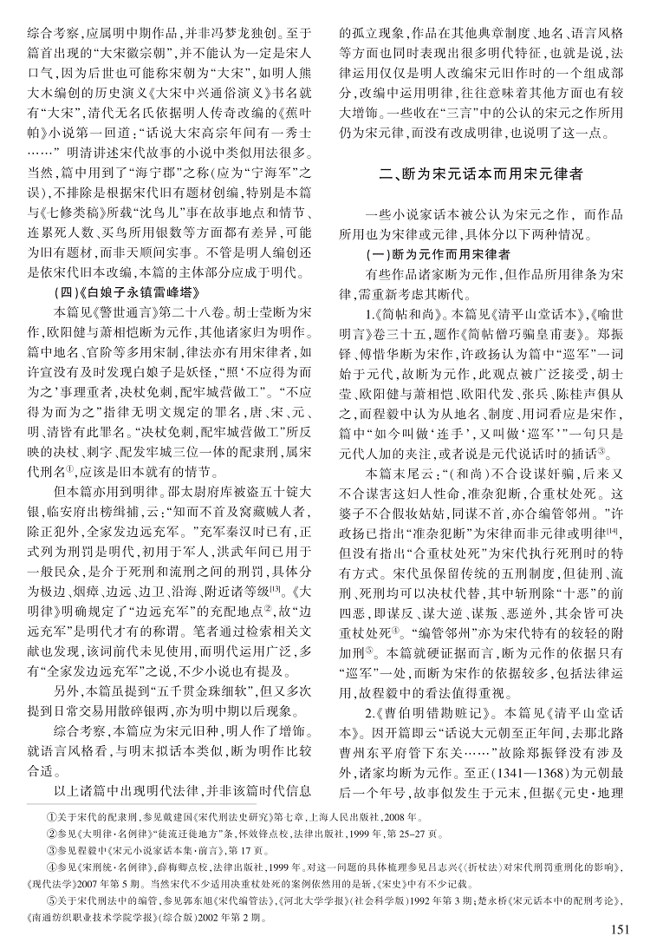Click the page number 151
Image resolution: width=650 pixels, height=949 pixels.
point(619,929)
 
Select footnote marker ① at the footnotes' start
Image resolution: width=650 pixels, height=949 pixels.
point(49,816)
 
